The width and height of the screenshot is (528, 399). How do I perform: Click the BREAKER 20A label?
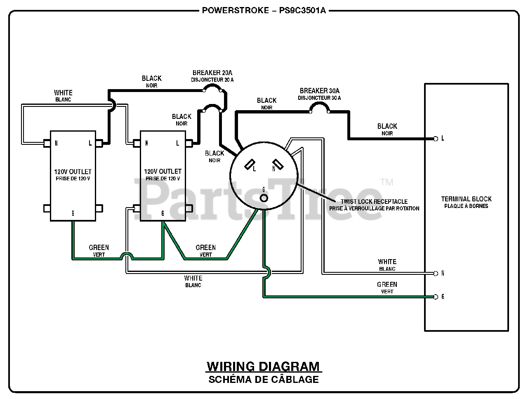point(212,73)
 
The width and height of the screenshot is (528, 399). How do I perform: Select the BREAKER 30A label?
point(319,91)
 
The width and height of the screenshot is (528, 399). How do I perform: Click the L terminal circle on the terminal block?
point(435,139)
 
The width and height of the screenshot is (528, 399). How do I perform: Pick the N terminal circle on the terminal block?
point(435,274)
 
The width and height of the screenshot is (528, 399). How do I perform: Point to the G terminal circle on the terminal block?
point(435,297)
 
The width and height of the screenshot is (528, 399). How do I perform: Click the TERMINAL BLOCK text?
point(466,199)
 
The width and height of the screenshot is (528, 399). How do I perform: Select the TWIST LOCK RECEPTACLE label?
point(374,201)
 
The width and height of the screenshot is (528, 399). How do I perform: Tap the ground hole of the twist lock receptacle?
point(264,198)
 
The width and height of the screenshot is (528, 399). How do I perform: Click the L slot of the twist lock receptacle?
point(250,164)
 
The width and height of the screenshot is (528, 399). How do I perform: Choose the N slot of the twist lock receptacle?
point(278,164)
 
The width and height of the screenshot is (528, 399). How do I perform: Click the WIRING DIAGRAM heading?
point(264,366)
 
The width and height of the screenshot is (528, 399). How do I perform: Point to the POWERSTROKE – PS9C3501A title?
point(264,10)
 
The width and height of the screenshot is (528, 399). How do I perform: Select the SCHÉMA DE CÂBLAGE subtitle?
point(264,379)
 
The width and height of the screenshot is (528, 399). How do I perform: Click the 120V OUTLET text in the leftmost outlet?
point(73,172)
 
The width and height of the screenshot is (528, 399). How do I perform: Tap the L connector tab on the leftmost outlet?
point(99,143)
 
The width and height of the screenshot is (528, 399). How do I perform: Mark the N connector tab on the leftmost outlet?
point(47,143)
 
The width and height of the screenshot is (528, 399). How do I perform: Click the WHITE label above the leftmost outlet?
point(63,92)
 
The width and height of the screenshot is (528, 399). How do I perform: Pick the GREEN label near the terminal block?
point(387,285)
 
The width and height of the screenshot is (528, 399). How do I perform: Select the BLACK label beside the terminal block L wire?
point(387,126)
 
